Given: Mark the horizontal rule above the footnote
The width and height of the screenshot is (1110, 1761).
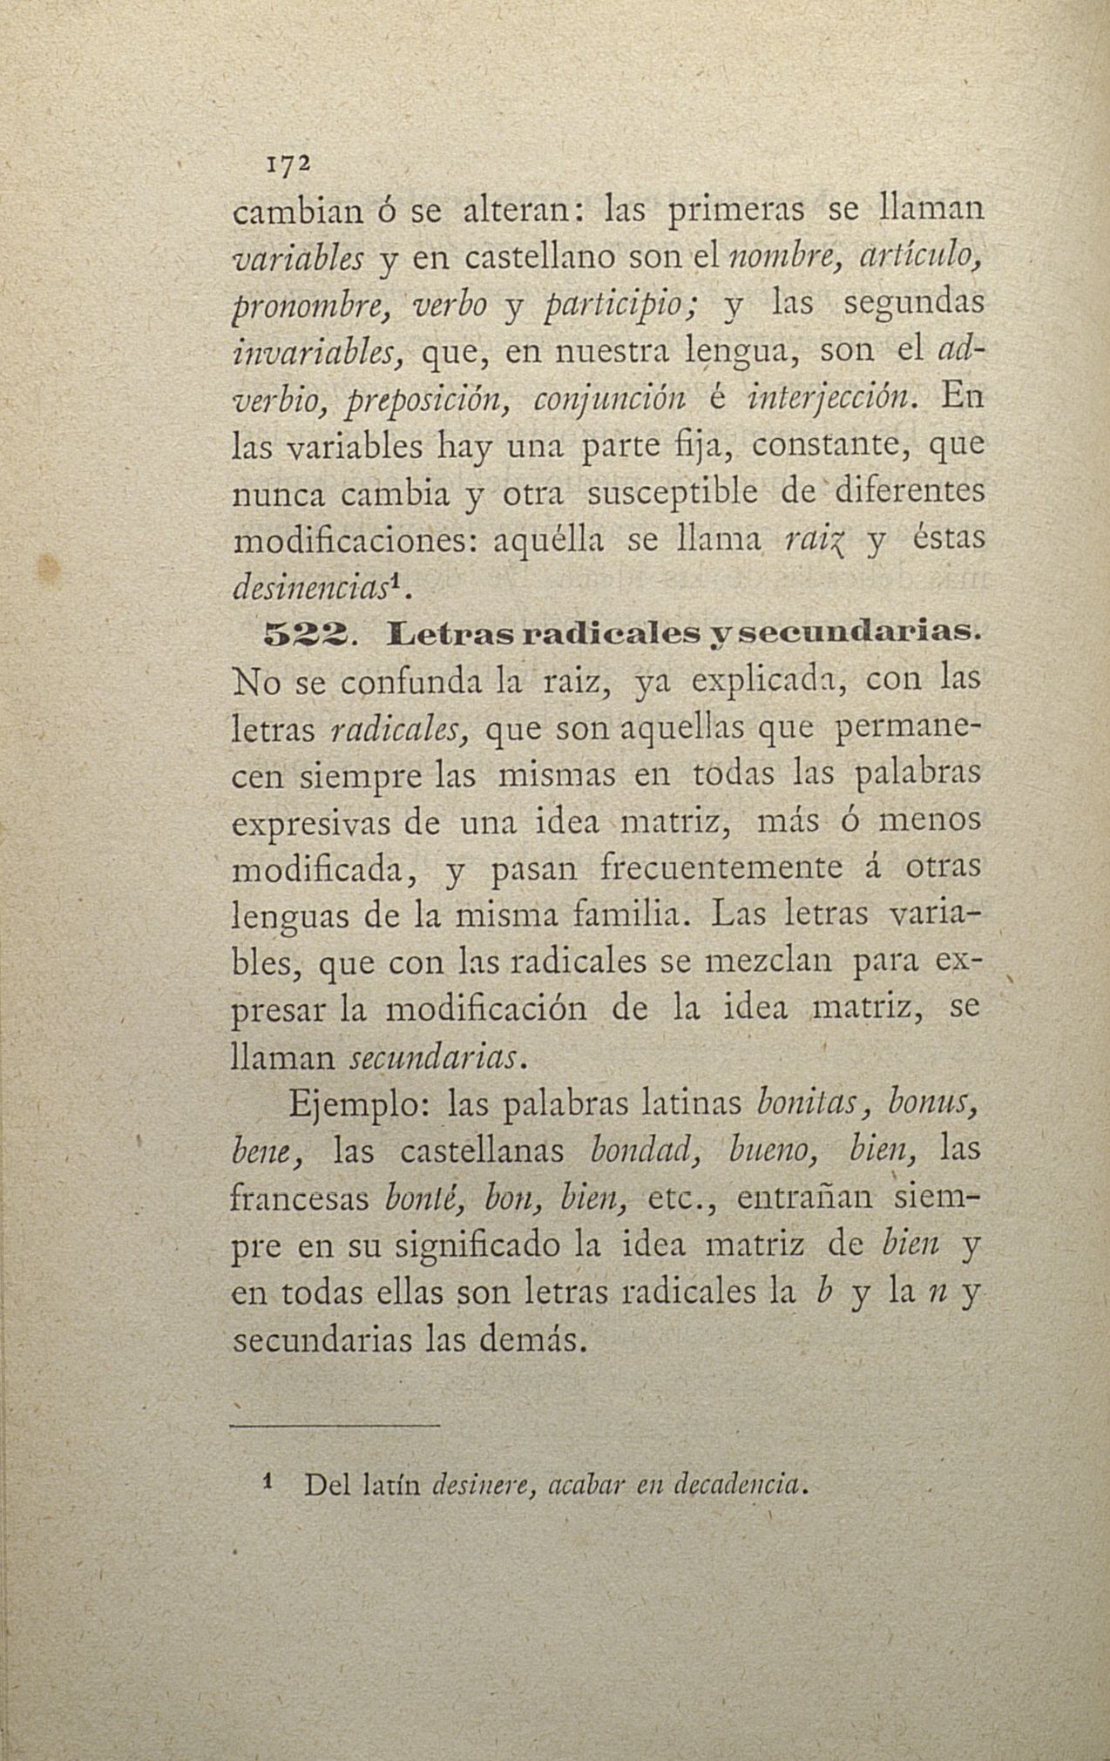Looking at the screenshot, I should click(x=335, y=1426).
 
